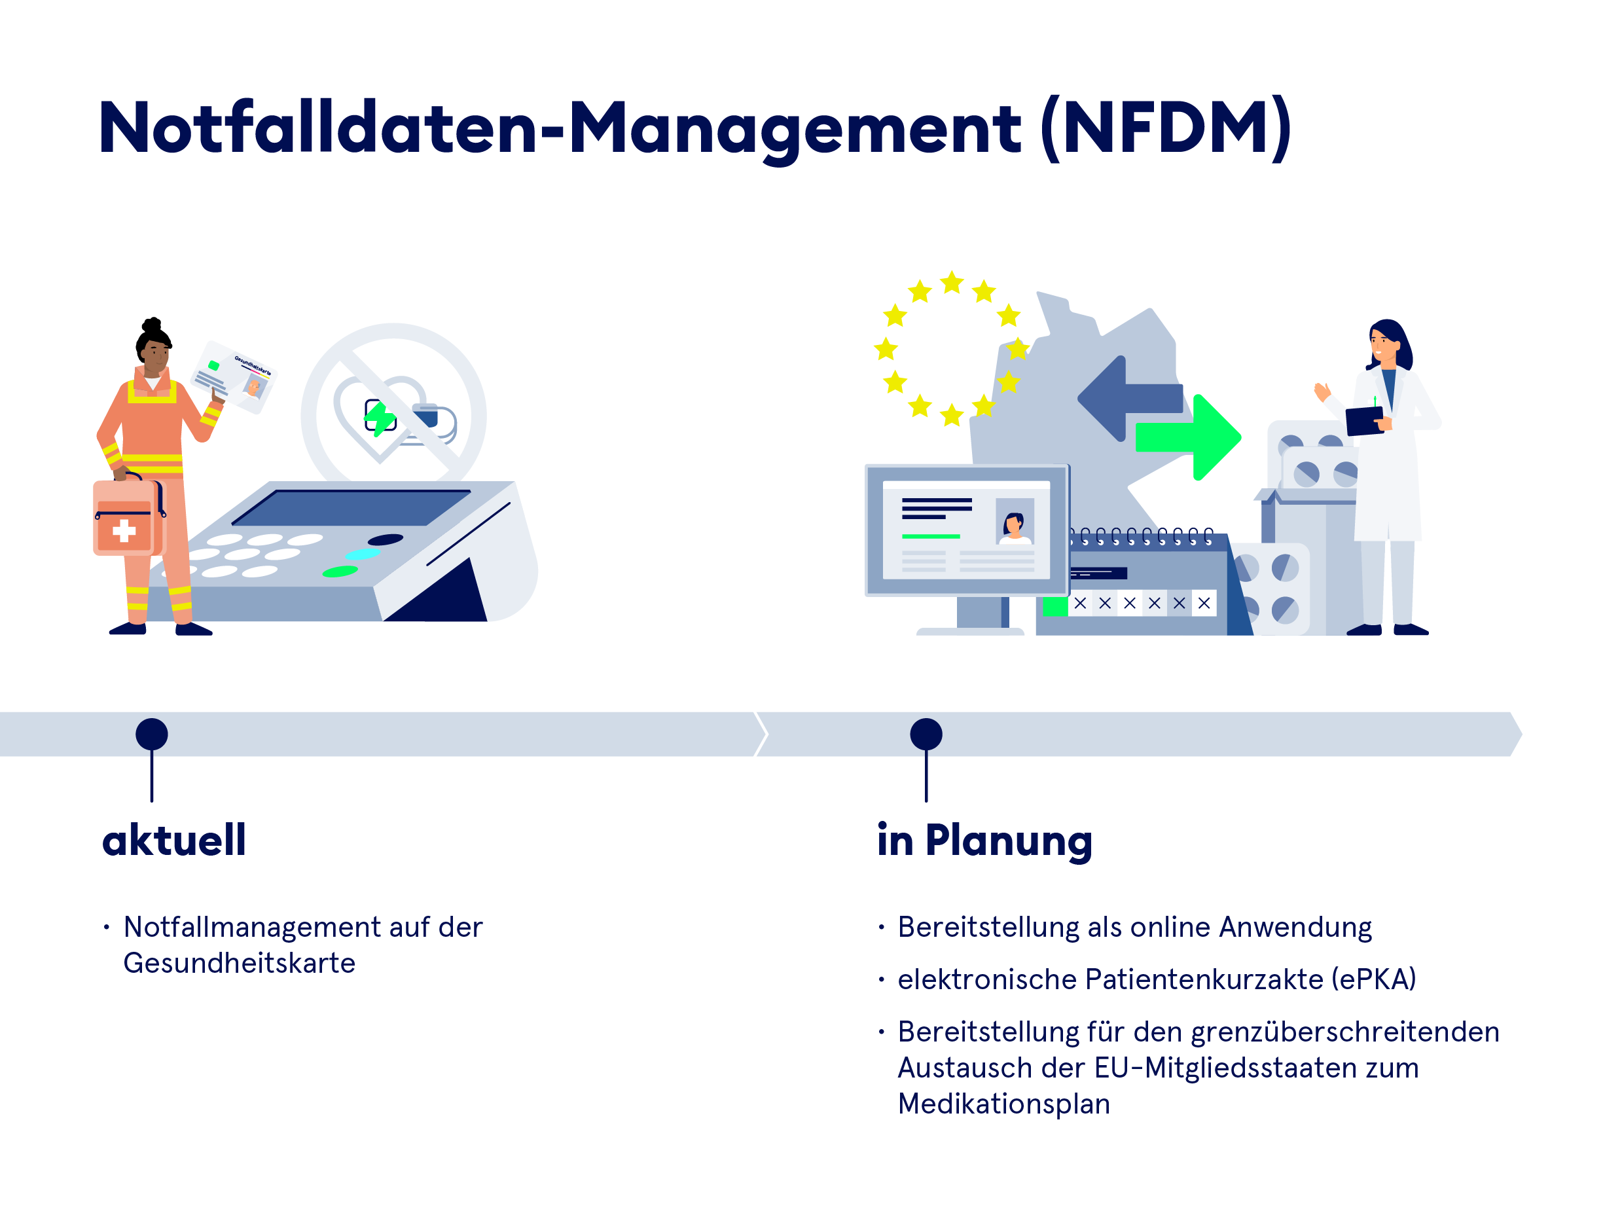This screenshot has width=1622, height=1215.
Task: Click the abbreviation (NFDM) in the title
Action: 1166,128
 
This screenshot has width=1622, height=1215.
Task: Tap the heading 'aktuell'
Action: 174,841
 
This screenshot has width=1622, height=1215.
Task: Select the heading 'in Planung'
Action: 984,841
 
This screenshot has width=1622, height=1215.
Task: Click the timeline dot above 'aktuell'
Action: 152,734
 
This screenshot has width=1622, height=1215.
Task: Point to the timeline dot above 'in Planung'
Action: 926,734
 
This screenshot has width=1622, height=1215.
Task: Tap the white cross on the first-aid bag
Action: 124,530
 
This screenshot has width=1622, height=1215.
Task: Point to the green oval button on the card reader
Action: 340,571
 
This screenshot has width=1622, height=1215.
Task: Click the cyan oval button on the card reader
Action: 362,554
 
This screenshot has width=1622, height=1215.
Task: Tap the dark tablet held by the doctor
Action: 1365,421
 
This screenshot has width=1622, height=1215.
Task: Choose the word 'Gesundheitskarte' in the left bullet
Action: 239,963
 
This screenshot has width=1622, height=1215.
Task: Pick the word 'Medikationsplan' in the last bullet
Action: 1003,1104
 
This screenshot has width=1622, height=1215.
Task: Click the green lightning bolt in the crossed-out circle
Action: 380,417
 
